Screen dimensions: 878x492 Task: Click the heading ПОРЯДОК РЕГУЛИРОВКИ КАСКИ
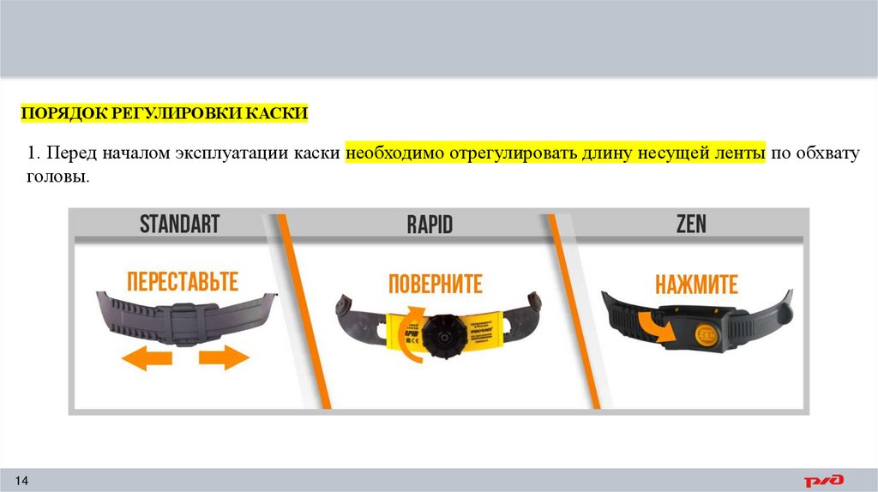click(164, 113)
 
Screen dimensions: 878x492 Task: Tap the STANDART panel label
click(180, 225)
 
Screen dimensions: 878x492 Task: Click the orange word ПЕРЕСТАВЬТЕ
click(183, 281)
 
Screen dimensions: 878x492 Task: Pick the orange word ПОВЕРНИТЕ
click(435, 284)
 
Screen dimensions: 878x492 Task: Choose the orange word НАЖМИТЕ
click(696, 284)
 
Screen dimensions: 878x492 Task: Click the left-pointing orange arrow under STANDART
click(143, 357)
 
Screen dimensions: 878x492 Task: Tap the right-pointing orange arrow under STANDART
click(223, 357)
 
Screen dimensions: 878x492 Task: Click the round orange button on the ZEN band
click(706, 332)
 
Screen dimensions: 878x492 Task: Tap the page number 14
click(23, 478)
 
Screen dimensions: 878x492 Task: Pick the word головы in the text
click(57, 177)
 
